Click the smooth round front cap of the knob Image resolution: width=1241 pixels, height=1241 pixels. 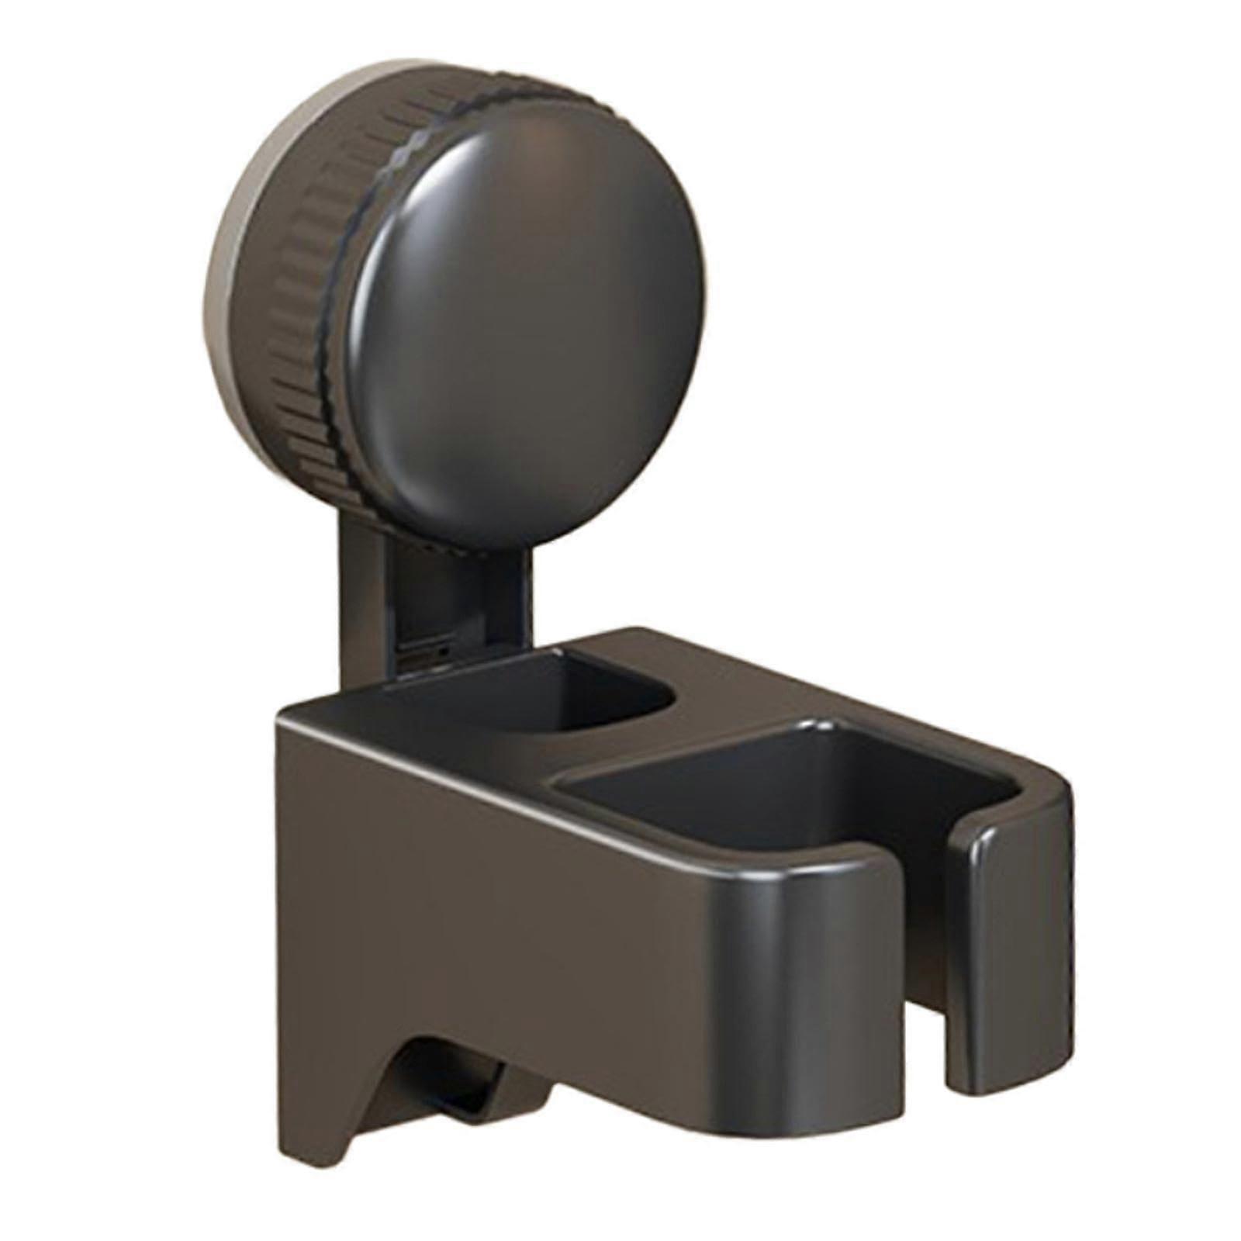click(520, 310)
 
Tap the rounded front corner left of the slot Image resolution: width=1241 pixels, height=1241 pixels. click(838, 931)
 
